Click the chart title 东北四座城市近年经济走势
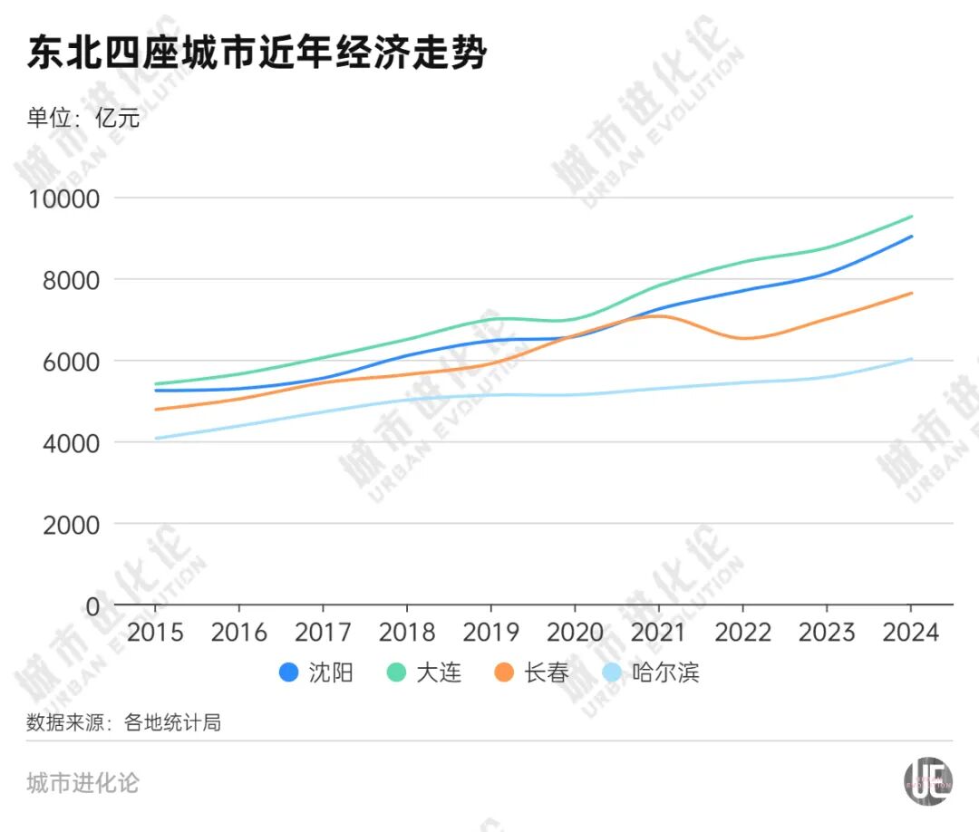coord(257,54)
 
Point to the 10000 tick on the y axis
coord(65,198)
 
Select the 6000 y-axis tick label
coord(73,361)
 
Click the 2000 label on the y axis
coord(73,524)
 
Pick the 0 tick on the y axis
coord(92,605)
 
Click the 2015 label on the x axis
coord(155,632)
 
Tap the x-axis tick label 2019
coord(490,632)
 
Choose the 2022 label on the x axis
coord(742,632)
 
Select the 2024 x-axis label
coord(910,632)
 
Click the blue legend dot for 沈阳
coord(289,672)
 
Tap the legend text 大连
coord(439,672)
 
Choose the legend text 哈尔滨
coord(665,672)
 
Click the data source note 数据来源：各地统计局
coord(123,723)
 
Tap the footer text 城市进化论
coord(83,782)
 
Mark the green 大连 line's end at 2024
coord(910,217)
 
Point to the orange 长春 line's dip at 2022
coord(742,338)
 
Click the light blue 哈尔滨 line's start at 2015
coord(156,438)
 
